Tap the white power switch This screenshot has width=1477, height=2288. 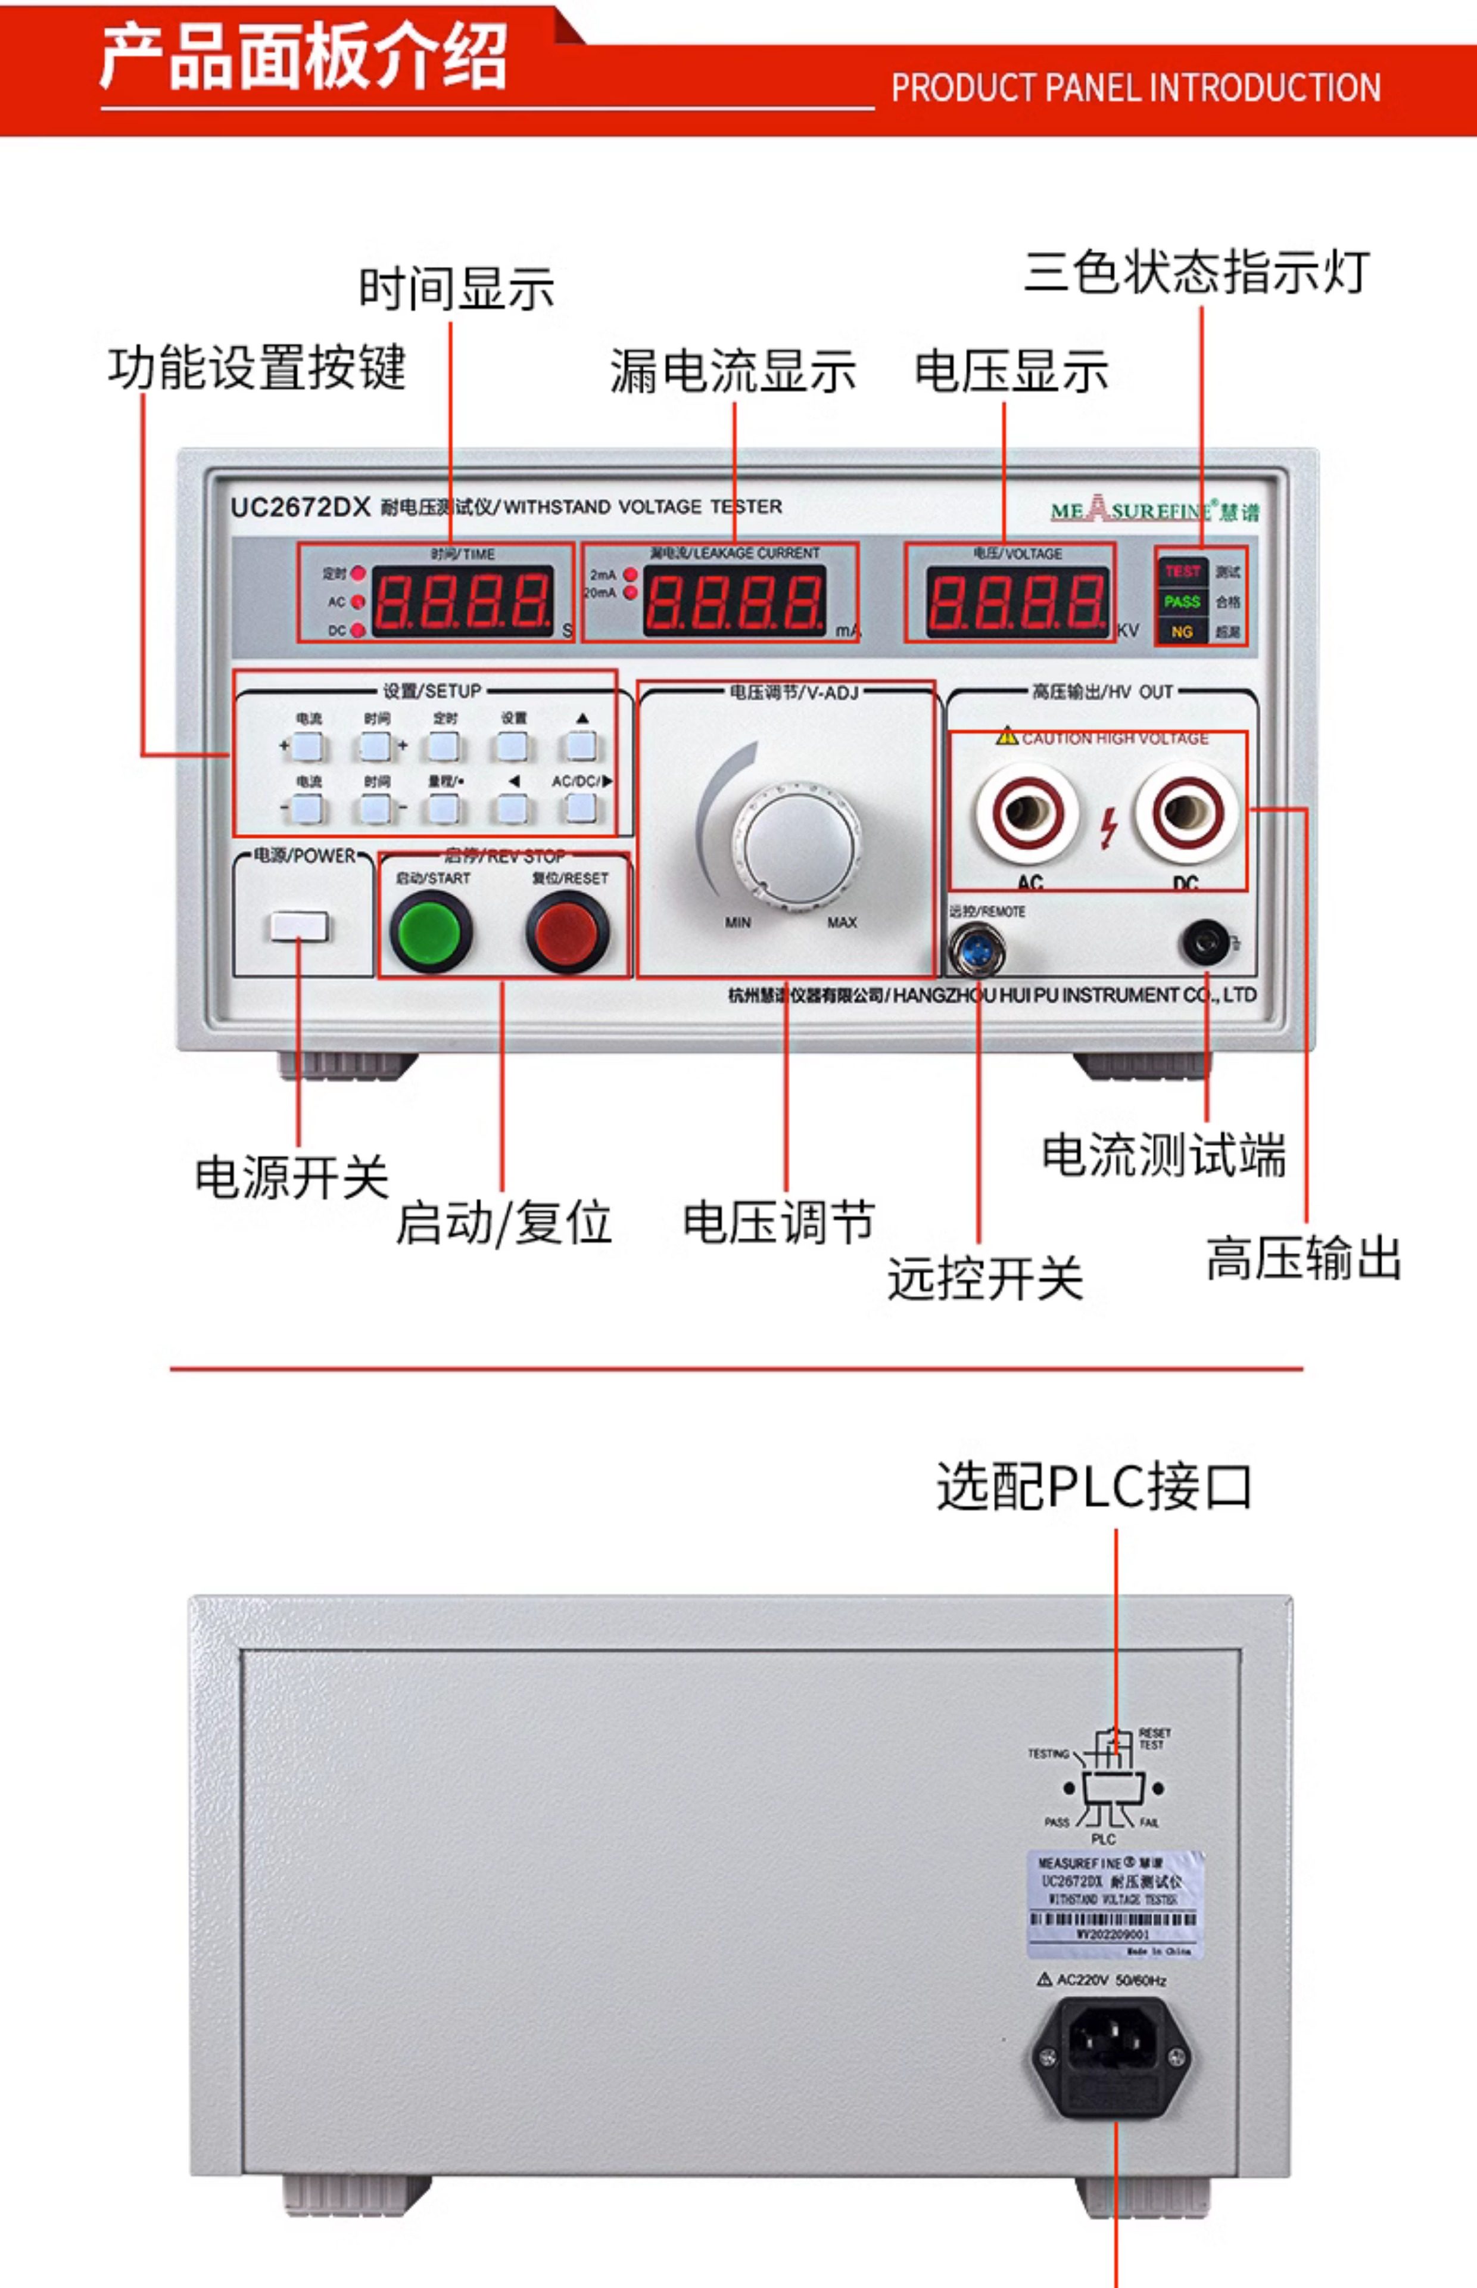coord(298,927)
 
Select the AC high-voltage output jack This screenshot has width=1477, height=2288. coord(1027,813)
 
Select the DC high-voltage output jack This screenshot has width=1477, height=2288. coord(1186,813)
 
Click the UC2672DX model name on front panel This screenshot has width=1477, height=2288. coord(299,506)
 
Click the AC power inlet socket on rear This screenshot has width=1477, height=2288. coord(1113,2057)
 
